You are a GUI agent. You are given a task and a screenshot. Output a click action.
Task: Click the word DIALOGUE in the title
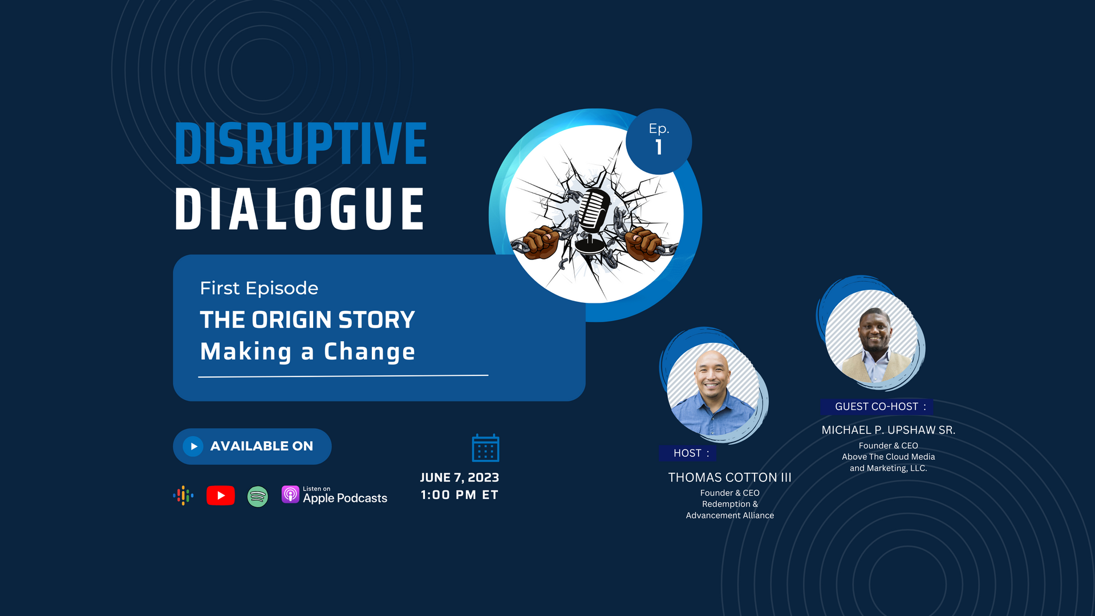pos(299,209)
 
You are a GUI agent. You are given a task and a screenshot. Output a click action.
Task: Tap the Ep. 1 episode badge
pos(659,141)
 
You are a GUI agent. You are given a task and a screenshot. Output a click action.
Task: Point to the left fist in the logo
pos(540,242)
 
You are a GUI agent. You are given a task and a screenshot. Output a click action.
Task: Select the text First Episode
pos(259,288)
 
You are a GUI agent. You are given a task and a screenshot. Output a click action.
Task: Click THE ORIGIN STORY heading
pos(307,319)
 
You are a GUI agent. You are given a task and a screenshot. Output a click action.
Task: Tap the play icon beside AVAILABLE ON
pos(193,446)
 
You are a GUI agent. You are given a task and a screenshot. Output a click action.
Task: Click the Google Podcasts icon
pos(183,495)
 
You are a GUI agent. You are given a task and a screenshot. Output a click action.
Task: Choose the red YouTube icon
pos(220,495)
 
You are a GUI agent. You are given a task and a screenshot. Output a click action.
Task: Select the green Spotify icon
pos(258,496)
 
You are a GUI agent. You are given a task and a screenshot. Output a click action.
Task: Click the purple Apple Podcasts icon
pos(290,494)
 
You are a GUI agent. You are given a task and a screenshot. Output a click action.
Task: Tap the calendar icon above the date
pos(485,448)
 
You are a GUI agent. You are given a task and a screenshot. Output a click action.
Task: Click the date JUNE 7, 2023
pos(460,477)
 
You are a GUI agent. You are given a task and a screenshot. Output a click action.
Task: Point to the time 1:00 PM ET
pos(460,495)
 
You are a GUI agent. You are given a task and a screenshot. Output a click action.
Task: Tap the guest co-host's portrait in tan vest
pos(871,336)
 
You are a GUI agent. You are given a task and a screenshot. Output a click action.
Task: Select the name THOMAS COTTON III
pos(729,477)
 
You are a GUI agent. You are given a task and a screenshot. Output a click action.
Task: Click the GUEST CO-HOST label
pos(877,407)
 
